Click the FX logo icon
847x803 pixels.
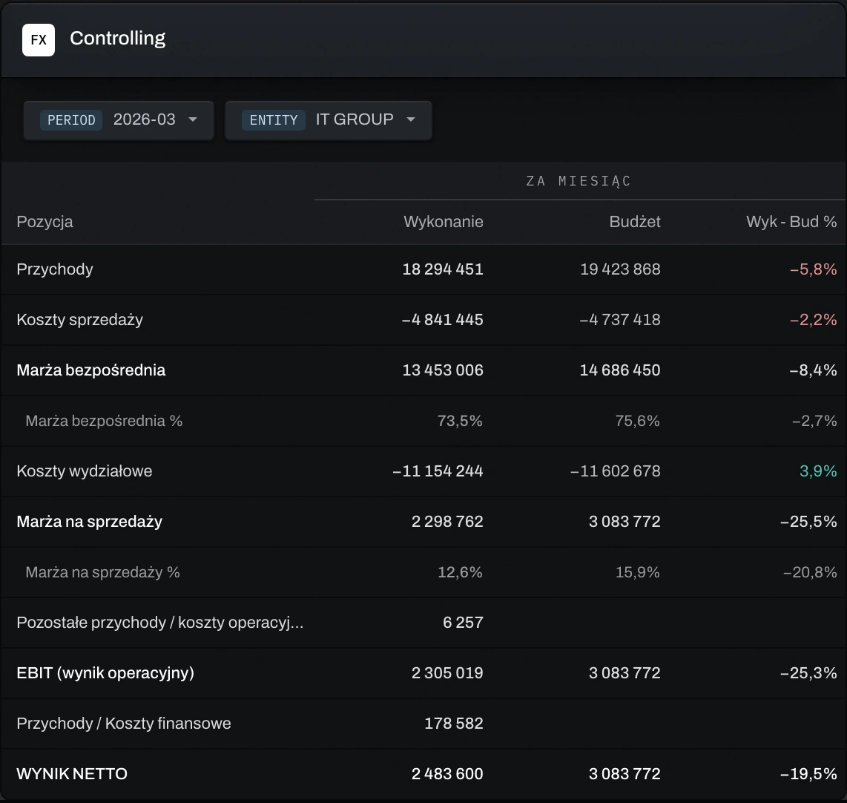(39, 40)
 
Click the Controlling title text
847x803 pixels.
(118, 39)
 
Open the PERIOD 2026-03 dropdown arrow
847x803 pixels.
(193, 119)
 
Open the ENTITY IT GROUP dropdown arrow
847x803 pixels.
(411, 119)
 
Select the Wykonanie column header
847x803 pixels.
(444, 222)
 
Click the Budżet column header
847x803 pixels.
(635, 222)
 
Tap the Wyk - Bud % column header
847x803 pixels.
(791, 222)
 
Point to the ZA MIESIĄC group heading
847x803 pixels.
(579, 181)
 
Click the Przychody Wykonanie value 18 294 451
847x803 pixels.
(443, 269)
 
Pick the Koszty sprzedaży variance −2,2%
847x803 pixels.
(814, 320)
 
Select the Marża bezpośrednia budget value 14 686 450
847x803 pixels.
(620, 370)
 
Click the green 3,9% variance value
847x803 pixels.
(818, 471)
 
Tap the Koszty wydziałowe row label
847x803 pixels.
(85, 471)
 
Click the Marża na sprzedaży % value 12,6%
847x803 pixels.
(461, 572)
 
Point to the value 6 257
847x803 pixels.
(463, 623)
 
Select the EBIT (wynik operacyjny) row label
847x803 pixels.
(105, 673)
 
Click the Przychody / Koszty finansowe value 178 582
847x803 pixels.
(454, 724)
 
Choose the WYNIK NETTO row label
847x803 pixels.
(73, 774)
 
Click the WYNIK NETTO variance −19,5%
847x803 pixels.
(808, 774)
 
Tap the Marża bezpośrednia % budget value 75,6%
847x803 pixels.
(638, 421)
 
